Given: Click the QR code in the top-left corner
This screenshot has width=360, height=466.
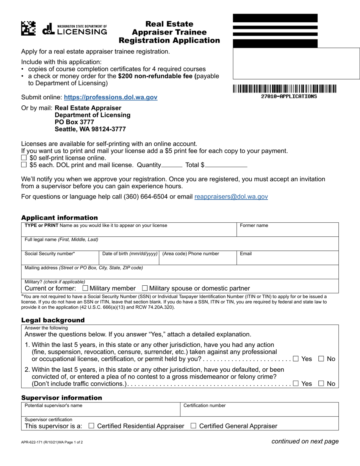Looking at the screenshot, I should tap(28, 28).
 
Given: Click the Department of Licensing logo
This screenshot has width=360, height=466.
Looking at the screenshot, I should tap(74, 29).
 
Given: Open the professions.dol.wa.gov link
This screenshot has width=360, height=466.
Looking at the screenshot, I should tap(110, 97).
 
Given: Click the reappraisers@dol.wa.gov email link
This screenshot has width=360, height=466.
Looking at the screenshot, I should tap(231, 197).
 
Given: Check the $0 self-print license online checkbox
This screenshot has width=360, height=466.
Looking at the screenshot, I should tap(24, 158).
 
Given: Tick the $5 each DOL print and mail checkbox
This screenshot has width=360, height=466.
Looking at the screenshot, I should tap(24, 165).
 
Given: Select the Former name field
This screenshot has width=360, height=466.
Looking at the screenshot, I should tap(287, 231).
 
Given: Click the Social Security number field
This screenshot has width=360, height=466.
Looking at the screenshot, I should tap(61, 260).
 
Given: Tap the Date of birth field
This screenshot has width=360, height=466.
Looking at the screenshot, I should tap(129, 260).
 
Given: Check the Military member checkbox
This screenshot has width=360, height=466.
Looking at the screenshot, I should tap(85, 288).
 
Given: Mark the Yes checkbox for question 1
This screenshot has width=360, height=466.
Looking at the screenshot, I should tap(296, 359).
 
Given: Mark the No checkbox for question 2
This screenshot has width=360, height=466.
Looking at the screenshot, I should tap(321, 383).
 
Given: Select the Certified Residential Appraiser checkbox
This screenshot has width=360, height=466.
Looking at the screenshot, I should tap(91, 426).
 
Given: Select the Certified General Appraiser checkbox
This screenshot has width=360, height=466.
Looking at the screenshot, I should tap(193, 426).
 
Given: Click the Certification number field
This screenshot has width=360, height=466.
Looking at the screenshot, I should tap(259, 411).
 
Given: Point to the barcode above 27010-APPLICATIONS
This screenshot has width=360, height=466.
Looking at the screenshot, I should tap(284, 89).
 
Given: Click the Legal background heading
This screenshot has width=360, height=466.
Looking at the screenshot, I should tap(53, 320).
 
